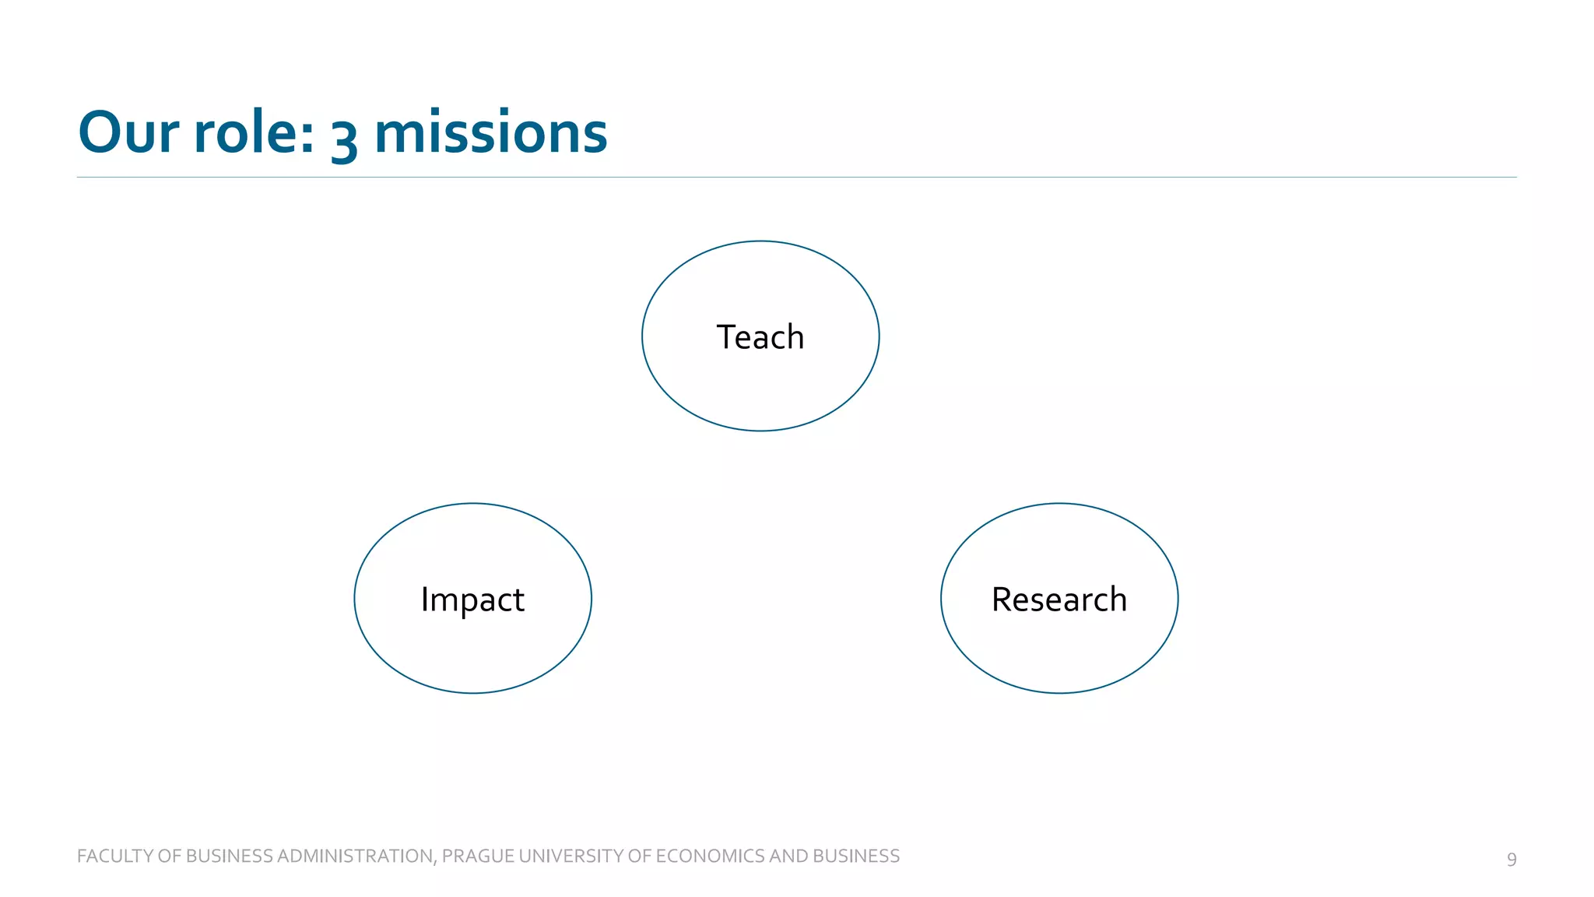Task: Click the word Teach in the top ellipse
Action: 760,337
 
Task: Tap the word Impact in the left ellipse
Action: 472,600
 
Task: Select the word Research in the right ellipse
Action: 1059,600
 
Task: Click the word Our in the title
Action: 129,132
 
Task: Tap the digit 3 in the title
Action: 344,137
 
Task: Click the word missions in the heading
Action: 490,132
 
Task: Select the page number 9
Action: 1511,859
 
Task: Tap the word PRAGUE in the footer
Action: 477,856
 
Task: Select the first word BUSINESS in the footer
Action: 230,856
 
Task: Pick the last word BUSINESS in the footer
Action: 856,856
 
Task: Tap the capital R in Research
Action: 1002,600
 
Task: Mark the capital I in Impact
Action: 425,599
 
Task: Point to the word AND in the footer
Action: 789,856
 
